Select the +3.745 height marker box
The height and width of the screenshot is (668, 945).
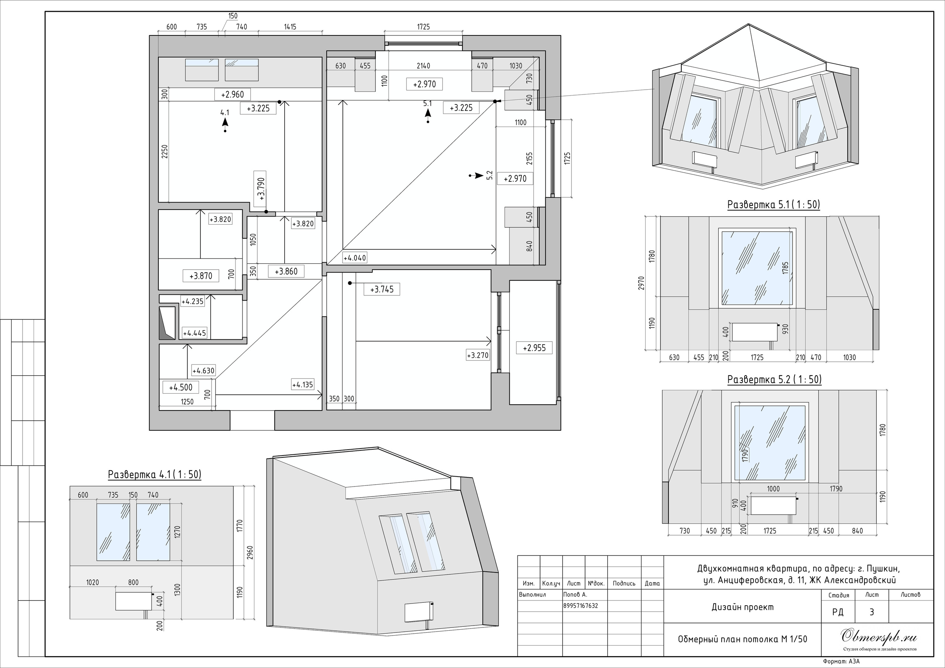[x=382, y=289]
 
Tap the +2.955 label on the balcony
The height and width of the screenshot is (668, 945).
[x=534, y=348]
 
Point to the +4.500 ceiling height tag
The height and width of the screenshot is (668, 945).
[x=181, y=387]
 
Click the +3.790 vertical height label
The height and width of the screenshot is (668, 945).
[x=261, y=188]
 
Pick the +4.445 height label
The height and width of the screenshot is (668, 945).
[x=194, y=333]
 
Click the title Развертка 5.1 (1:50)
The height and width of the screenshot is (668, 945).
[x=774, y=204]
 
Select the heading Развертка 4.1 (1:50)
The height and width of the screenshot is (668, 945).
[x=155, y=474]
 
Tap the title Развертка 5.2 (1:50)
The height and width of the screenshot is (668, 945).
[x=774, y=379]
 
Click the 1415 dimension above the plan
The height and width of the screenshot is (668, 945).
[x=290, y=27]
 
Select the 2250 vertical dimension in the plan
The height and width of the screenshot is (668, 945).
[x=165, y=152]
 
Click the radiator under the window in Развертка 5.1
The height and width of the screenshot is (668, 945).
[x=755, y=332]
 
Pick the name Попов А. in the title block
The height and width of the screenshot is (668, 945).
[x=575, y=594]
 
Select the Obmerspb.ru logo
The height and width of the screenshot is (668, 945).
[x=879, y=637]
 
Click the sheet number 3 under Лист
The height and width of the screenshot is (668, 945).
[x=872, y=612]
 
